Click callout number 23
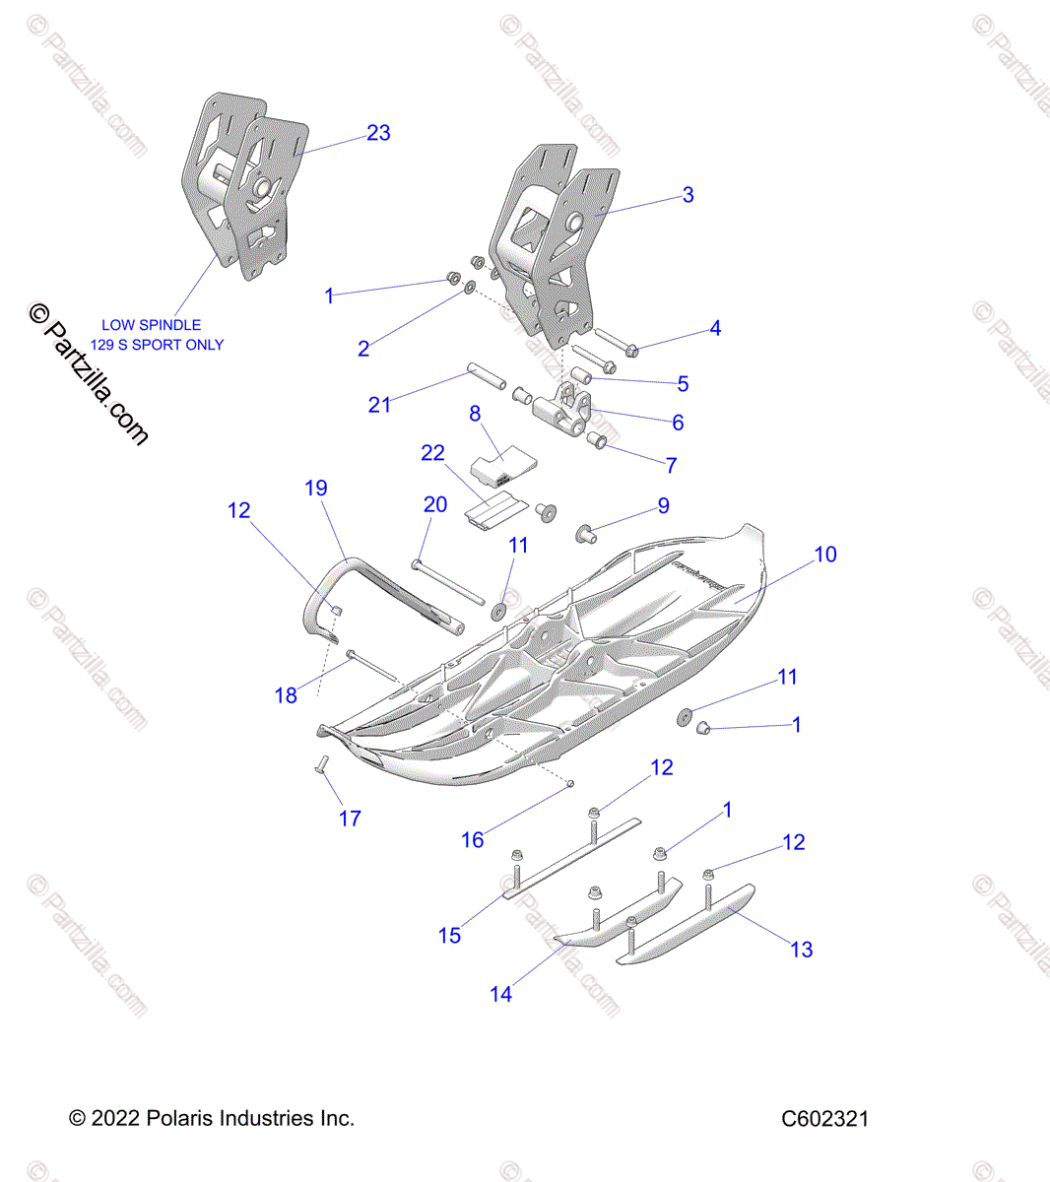coord(378,133)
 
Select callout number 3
coord(688,195)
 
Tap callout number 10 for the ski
coord(824,555)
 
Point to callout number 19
coord(315,488)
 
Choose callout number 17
coord(350,818)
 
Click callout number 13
coord(802,949)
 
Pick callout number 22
coord(432,453)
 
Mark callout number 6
coord(678,423)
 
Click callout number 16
coord(473,839)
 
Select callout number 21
coord(379,404)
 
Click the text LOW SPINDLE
coord(152,325)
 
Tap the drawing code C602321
coord(824,1119)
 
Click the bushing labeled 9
coord(587,534)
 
